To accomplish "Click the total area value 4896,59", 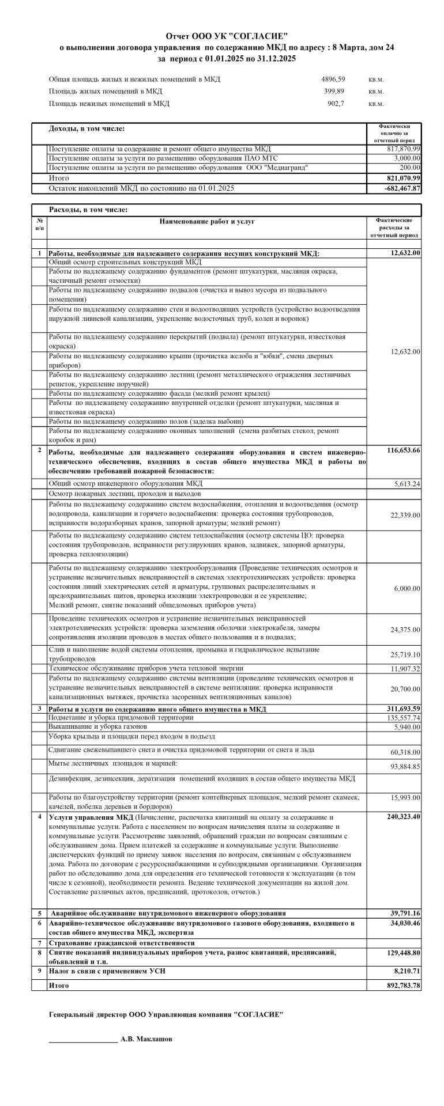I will (x=333, y=79).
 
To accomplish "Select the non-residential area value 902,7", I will (x=336, y=104).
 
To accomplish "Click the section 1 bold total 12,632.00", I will (x=405, y=253).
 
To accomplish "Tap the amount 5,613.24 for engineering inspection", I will (x=407, y=484).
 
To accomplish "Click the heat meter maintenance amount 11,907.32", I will (x=405, y=669).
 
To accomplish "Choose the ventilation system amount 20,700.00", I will (x=405, y=689).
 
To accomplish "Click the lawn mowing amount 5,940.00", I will (x=407, y=727).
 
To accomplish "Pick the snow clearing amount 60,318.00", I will (x=405, y=752).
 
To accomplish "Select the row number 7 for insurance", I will (x=39, y=943).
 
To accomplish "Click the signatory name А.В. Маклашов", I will (x=146, y=1039).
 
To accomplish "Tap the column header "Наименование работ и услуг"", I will (x=207, y=221).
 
